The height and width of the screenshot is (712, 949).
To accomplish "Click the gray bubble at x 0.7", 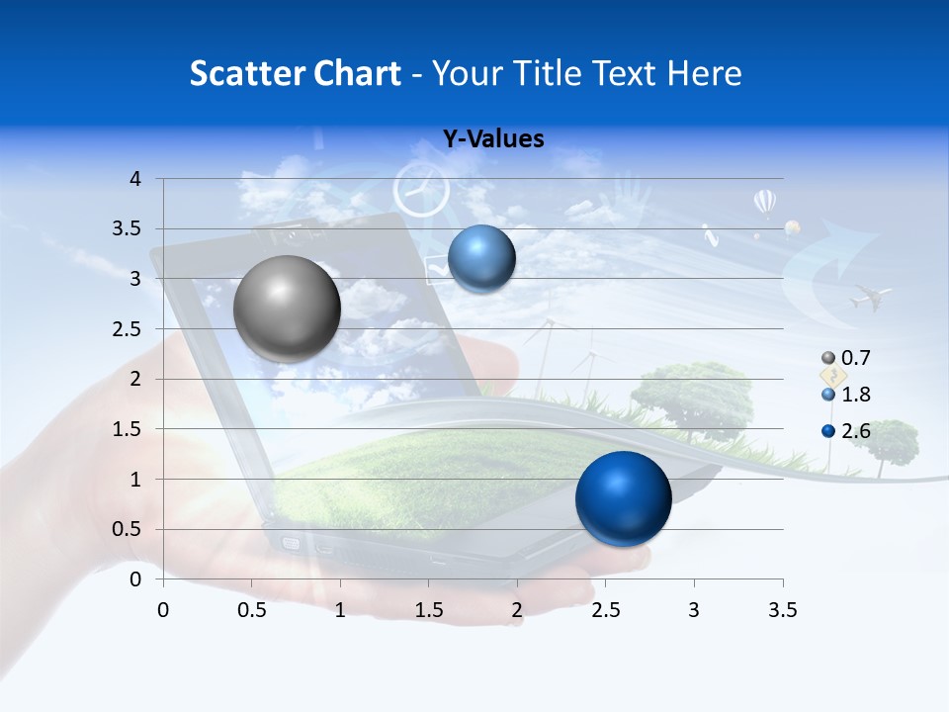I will coord(288,309).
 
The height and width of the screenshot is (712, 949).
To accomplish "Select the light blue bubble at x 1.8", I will coord(481,259).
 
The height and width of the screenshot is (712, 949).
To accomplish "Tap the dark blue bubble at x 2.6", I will coord(623,498).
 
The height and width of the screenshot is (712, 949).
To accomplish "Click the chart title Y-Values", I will coord(492,139).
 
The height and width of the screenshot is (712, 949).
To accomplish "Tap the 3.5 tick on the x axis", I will coord(782,609).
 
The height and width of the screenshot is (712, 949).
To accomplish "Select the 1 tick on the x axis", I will coord(340,609).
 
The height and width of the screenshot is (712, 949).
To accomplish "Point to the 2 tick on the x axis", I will coord(516,609).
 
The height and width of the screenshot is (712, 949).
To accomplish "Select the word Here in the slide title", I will coord(703,72).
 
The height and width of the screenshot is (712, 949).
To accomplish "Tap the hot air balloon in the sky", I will coord(765,203).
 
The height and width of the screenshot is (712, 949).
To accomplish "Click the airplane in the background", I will coord(870,296).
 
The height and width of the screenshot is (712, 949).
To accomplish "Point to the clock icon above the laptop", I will coord(421,191).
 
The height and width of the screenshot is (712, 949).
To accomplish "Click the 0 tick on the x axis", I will coord(163,609).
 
